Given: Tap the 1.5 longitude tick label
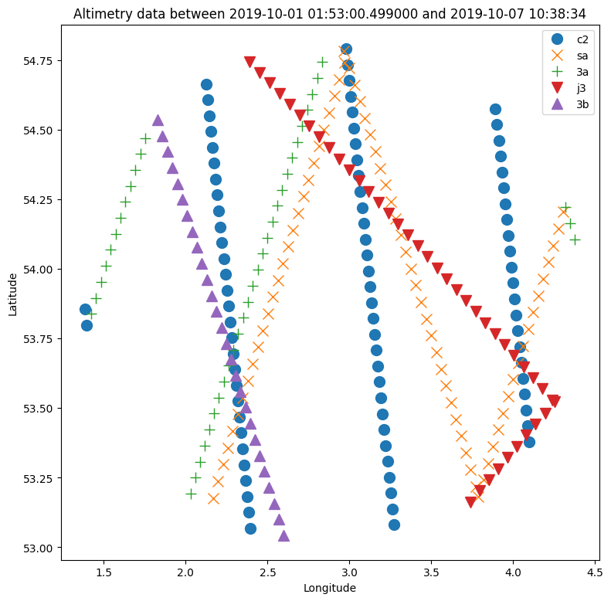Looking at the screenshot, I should [x=104, y=572].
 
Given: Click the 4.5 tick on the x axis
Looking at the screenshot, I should [x=595, y=572].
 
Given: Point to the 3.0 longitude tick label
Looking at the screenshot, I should [x=349, y=572].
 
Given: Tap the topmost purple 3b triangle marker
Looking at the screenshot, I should [x=158, y=120].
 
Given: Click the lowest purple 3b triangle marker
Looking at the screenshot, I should [x=283, y=535].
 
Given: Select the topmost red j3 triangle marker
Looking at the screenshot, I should [x=249, y=62].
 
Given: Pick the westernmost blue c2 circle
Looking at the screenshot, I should [x=85, y=309].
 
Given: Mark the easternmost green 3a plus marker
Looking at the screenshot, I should [x=575, y=239].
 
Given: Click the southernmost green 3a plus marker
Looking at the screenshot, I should [x=191, y=494].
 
